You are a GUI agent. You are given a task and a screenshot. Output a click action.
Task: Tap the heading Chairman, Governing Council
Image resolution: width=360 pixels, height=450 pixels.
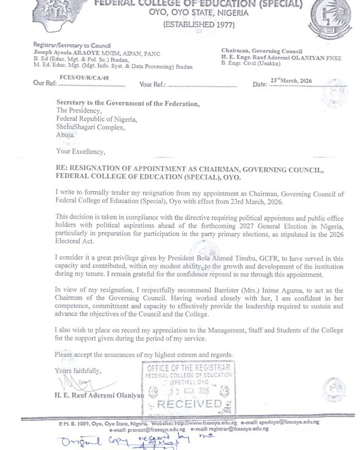(262, 51)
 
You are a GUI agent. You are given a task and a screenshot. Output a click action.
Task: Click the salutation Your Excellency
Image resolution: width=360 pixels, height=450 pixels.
(80, 151)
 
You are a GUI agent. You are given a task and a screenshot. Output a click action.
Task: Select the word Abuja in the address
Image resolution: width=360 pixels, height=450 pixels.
(65, 135)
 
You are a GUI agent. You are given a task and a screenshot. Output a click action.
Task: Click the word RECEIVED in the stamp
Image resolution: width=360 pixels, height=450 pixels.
(189, 404)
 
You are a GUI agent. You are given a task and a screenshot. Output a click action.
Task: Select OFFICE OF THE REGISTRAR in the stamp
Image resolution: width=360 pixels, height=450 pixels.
(189, 368)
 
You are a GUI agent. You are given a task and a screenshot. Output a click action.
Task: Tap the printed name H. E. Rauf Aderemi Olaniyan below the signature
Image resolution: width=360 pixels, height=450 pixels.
(99, 395)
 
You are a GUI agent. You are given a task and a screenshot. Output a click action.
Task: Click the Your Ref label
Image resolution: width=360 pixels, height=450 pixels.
(152, 84)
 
